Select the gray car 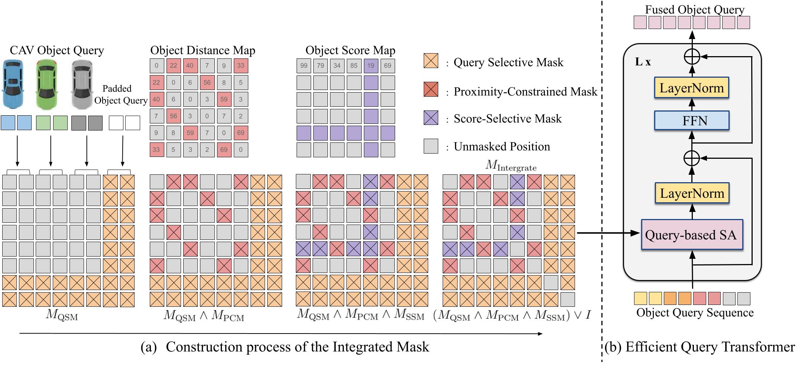click(82, 85)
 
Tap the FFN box click(691, 120)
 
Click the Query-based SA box click(691, 235)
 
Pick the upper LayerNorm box click(691, 88)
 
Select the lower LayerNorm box click(691, 193)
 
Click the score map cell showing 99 click(304, 66)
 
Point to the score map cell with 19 click(371, 66)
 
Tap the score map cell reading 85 click(354, 66)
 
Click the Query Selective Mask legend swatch click(431, 61)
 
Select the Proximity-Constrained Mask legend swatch click(431, 90)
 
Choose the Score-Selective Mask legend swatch click(431, 117)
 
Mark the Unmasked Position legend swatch click(431, 146)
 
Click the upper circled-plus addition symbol click(692, 57)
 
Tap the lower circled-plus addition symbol click(692, 158)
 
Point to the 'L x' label click(643, 62)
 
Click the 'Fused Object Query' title click(694, 9)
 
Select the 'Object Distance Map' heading click(203, 50)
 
